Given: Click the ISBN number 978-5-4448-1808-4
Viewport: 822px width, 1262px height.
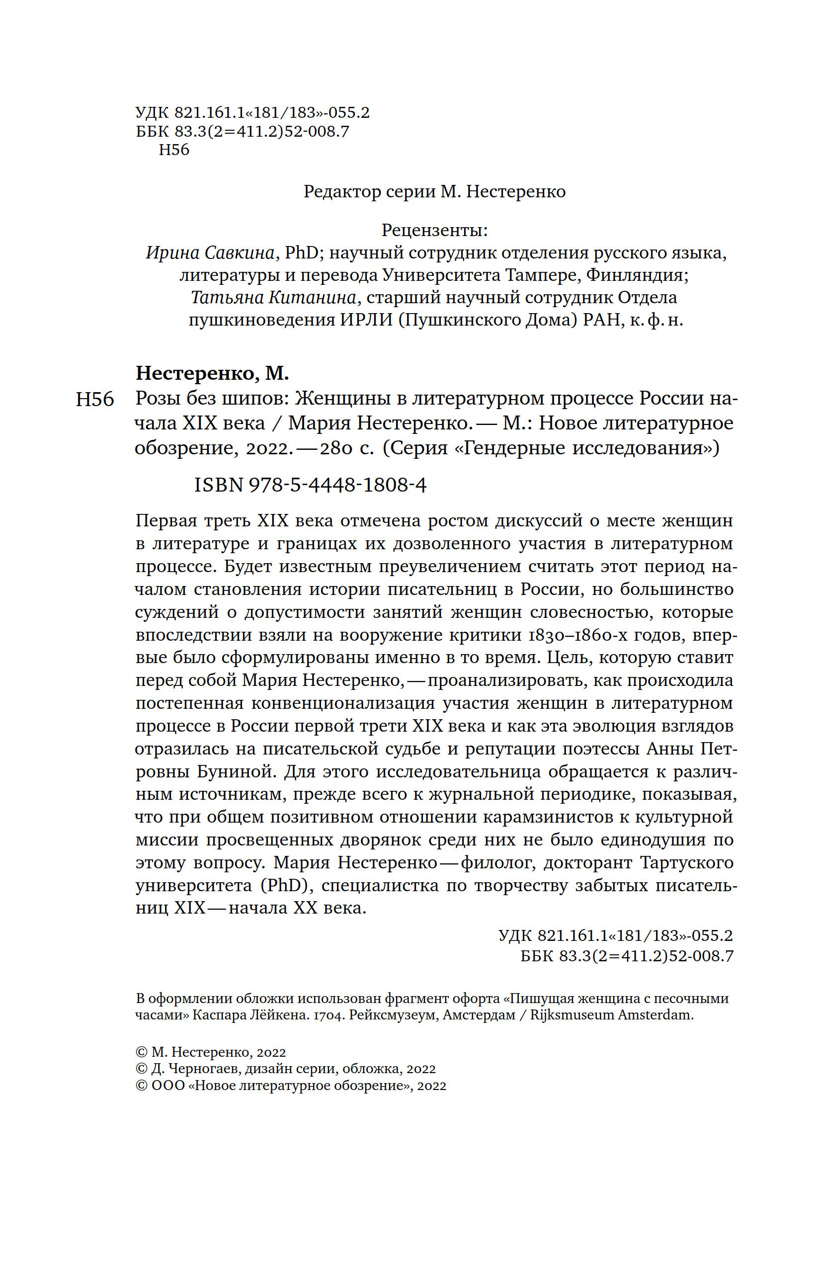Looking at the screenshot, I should click(337, 485).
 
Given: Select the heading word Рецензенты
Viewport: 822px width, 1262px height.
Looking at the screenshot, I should click(434, 230).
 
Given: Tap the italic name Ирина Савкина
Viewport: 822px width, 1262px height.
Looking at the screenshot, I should click(211, 253).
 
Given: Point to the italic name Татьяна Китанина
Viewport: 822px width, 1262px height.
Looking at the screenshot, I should click(274, 297).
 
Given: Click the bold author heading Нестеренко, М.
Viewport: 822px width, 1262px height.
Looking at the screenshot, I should click(212, 373).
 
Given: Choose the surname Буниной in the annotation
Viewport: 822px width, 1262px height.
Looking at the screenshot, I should click(237, 771).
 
